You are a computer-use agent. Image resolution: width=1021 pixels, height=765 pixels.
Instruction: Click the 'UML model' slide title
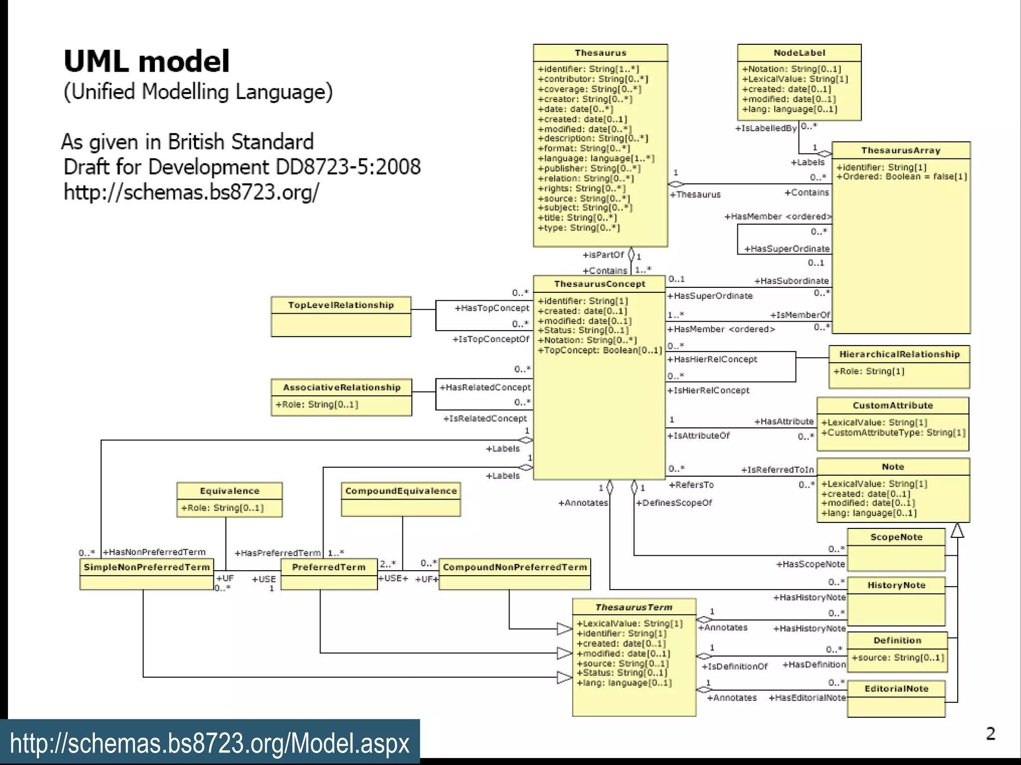(x=147, y=62)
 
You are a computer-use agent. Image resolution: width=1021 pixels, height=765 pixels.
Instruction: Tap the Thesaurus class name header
(x=600, y=53)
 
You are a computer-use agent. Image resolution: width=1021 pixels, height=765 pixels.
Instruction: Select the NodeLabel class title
(x=799, y=53)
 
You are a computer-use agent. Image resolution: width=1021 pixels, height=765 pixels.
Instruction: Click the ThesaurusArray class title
(x=900, y=150)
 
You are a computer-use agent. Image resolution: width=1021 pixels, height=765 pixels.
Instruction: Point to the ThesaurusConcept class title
(x=600, y=284)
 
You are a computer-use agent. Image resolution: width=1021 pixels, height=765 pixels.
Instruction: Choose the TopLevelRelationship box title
(x=341, y=305)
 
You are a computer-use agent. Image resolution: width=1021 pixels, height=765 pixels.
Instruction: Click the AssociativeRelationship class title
(x=341, y=387)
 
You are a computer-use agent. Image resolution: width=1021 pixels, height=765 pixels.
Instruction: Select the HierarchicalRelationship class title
(x=899, y=354)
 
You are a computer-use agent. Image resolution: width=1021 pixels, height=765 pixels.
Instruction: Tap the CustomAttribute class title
(x=892, y=405)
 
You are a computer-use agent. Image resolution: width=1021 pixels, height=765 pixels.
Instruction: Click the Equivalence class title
(x=229, y=491)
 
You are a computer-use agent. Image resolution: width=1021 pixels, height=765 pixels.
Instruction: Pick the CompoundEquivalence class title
(x=401, y=491)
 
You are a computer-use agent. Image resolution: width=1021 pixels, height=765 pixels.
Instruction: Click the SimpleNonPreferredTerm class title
(x=147, y=567)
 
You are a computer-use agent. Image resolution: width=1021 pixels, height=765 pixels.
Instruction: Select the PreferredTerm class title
(x=329, y=567)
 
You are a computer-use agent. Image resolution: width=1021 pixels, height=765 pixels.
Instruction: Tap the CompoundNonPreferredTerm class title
(x=514, y=567)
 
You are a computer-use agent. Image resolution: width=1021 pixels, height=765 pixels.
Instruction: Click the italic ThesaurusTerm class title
(x=634, y=607)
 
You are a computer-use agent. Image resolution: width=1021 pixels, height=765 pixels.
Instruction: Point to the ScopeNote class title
(x=896, y=537)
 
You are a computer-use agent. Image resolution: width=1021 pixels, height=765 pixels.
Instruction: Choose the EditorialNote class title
(x=896, y=689)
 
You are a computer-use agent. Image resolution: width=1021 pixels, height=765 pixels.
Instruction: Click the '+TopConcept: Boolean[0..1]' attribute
(x=600, y=351)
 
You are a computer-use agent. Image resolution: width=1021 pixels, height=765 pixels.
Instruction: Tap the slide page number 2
(x=990, y=734)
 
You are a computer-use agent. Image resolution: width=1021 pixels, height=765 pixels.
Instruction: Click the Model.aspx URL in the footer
(x=209, y=743)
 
